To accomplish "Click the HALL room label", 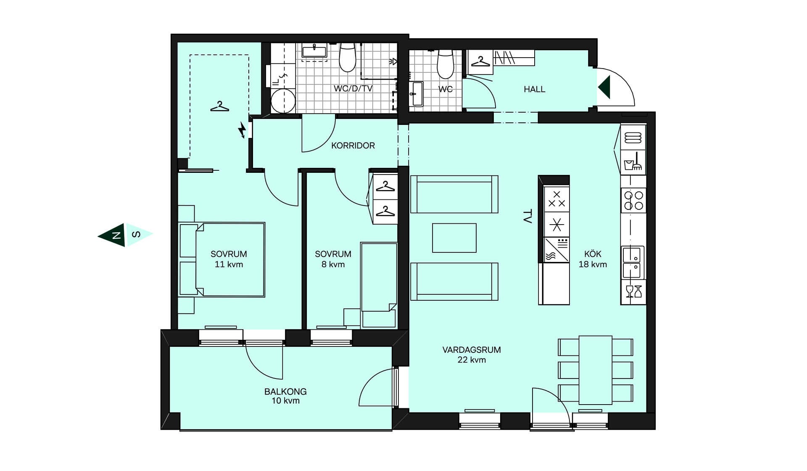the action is point(534,89).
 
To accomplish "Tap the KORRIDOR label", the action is point(353,146).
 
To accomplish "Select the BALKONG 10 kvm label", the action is point(285,396).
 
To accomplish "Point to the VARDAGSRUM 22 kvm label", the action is point(472,355).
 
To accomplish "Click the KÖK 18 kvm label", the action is point(593,259).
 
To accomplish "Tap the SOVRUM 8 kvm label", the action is point(333,259).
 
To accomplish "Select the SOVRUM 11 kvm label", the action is point(229,259).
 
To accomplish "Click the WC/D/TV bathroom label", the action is point(353,88).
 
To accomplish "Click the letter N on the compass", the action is point(116,235).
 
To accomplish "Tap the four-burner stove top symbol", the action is point(633,201).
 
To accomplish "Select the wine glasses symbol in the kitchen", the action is point(633,291).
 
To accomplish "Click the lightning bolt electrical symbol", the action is point(242,130).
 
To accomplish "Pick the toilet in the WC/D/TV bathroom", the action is point(348,57).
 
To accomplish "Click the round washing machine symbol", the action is point(283,101).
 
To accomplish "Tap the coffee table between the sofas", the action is point(454,238).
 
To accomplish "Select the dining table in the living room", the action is point(596,370).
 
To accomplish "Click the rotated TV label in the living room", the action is point(527,217).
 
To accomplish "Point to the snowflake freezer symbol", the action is point(556,225).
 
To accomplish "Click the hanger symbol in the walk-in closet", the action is point(220,106).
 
